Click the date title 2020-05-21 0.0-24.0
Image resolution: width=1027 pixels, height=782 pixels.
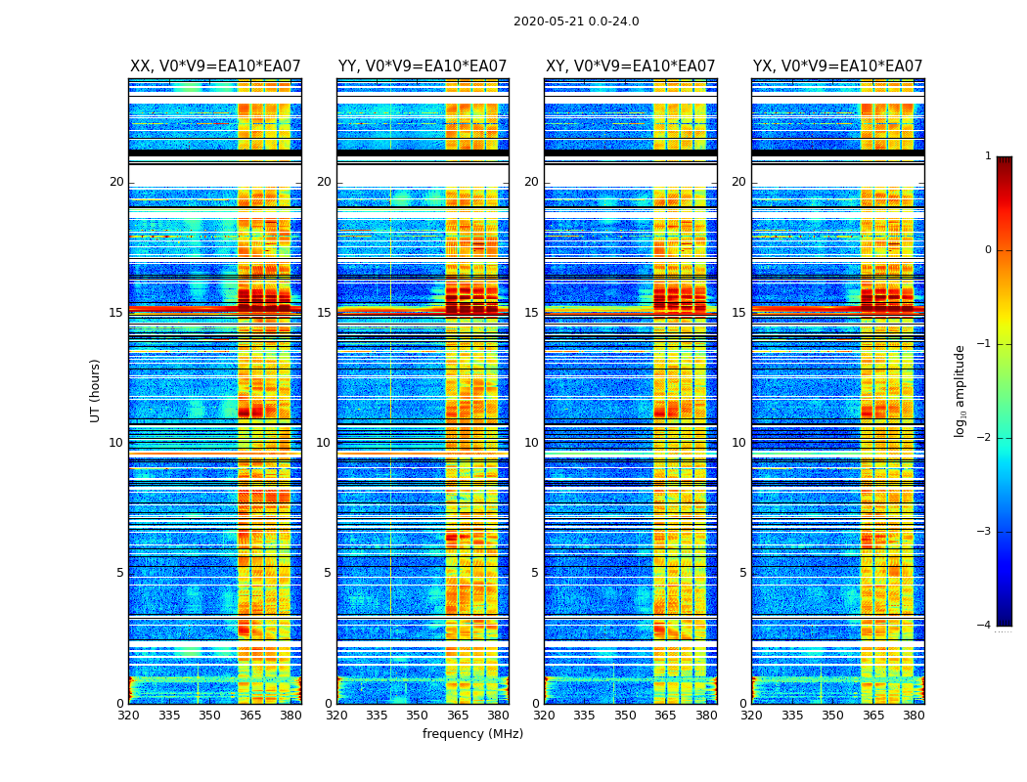576,22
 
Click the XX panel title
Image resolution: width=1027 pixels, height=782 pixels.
215,66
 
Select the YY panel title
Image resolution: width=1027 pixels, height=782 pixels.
423,66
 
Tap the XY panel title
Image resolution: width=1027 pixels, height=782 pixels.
630,66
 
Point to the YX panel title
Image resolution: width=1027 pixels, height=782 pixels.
837,66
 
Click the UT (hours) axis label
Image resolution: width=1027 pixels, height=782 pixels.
96,390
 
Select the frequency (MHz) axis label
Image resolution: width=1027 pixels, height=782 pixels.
472,734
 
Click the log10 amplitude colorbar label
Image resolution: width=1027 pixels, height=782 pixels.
960,390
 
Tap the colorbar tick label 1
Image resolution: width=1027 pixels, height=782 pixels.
987,156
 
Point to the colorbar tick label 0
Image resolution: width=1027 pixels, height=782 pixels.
987,250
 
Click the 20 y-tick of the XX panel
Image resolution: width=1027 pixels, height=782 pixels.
116,182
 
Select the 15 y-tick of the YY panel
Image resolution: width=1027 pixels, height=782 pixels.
324,313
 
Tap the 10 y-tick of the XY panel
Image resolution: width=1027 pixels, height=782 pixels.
531,443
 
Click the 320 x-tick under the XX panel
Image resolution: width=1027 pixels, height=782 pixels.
128,716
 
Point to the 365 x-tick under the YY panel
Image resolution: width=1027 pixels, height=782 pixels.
458,716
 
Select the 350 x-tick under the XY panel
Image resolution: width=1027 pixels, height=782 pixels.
625,716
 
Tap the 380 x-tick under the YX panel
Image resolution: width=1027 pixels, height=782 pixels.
914,716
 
